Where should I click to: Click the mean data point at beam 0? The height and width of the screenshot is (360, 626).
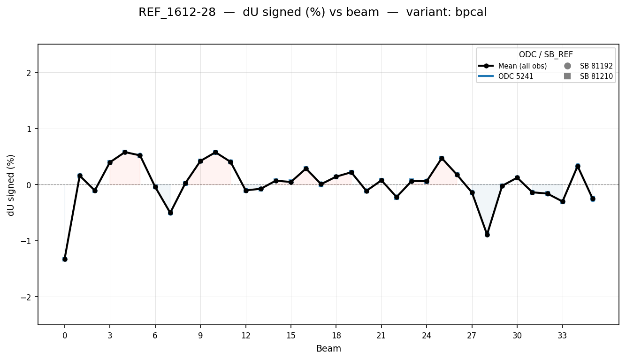click(x=65, y=259)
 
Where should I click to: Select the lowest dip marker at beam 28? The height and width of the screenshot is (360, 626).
click(x=487, y=234)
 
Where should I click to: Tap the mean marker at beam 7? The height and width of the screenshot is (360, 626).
click(x=170, y=213)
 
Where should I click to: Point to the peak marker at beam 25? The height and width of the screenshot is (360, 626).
click(x=442, y=159)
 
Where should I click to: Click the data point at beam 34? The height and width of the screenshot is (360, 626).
click(x=578, y=167)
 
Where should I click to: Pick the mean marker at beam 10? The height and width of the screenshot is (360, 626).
click(x=215, y=152)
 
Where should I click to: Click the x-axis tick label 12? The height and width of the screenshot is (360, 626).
click(x=246, y=336)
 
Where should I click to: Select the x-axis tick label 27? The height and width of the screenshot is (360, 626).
click(x=472, y=336)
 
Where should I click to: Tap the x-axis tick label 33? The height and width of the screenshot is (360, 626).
click(x=562, y=336)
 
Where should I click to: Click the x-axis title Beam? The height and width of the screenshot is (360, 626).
click(x=328, y=349)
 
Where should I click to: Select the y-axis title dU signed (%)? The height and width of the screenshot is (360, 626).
click(x=11, y=185)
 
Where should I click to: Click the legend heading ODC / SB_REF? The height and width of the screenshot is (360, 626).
click(x=546, y=55)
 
